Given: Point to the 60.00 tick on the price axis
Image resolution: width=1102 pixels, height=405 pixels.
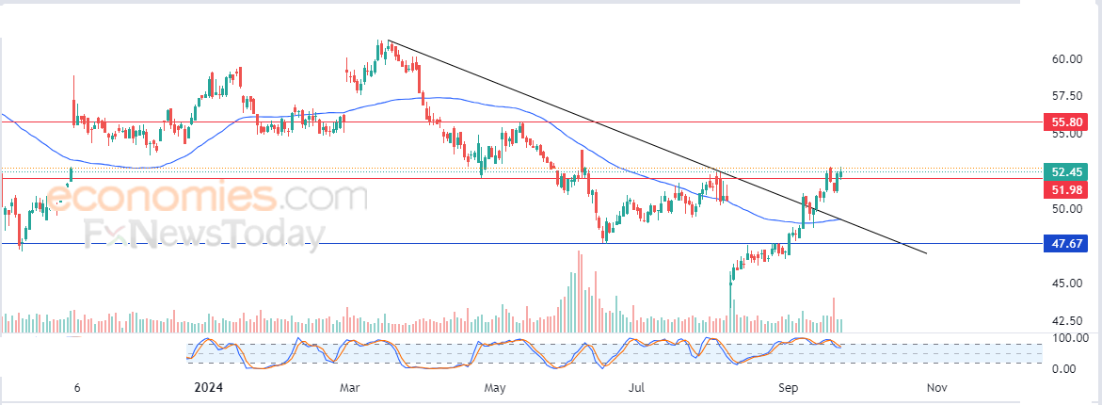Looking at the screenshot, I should pyautogui.click(x=1066, y=59).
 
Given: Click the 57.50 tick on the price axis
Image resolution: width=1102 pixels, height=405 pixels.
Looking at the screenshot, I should pyautogui.click(x=1066, y=96).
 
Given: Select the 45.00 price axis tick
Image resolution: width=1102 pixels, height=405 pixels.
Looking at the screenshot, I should pyautogui.click(x=1066, y=283).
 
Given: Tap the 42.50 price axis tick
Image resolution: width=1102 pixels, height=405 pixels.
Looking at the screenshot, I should pyautogui.click(x=1066, y=320).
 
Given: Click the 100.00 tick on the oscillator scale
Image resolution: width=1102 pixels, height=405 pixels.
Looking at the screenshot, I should pyautogui.click(x=1070, y=337).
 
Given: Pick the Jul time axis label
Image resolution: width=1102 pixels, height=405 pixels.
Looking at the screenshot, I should pyautogui.click(x=637, y=387).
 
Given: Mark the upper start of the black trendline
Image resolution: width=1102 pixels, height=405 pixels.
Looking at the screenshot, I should pyautogui.click(x=389, y=42).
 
